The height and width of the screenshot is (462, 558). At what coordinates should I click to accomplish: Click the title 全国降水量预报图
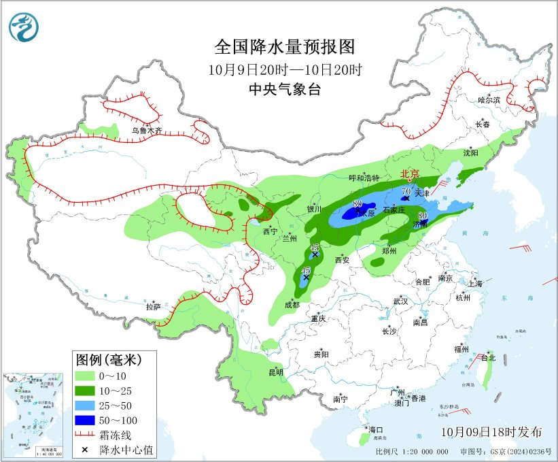[285, 47]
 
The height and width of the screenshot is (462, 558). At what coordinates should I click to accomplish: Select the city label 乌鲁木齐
[147, 131]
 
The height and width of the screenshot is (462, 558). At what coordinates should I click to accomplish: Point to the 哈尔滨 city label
[488, 99]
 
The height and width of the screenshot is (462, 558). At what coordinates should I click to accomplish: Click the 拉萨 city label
[153, 306]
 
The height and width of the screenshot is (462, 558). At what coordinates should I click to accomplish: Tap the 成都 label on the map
[292, 306]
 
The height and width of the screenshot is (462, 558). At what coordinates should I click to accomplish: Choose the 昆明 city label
[276, 372]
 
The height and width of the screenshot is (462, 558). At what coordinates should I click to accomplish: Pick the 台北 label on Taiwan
[488, 357]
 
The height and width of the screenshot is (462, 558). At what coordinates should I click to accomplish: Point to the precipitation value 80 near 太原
[358, 204]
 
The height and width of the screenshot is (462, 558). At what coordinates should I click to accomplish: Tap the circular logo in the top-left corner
[24, 27]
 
